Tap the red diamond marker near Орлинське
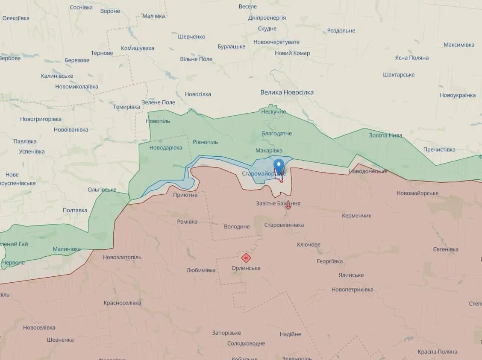246,258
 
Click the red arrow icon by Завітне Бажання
288,205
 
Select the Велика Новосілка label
287,92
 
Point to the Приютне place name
185,195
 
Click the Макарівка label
269,150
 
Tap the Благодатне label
277,133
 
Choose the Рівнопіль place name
205,142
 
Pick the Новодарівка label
166,148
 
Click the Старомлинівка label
284,225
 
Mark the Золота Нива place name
385,135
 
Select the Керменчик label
356,216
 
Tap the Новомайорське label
417,193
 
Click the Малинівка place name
67,249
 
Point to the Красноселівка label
122,303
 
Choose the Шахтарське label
398,75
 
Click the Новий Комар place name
292,53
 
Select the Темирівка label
126,107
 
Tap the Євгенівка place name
445,249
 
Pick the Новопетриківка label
352,290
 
